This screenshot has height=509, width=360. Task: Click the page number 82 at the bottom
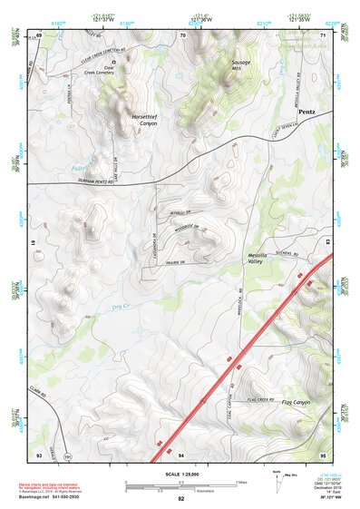pos(180,499)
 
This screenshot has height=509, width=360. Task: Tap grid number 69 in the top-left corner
pos(39,34)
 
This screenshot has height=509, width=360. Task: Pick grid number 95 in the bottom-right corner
pos(324,454)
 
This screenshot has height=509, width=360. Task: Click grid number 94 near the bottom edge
pos(181,454)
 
